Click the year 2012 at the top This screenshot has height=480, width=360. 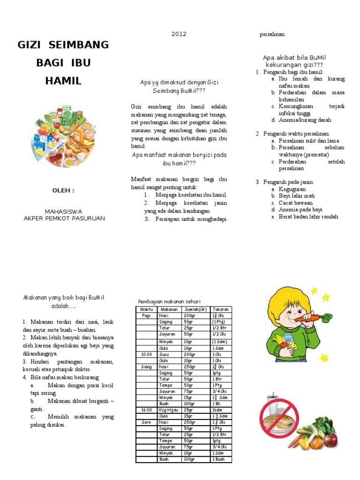[179, 34]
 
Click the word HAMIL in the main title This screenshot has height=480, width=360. [63, 81]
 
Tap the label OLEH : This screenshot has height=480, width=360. [63, 190]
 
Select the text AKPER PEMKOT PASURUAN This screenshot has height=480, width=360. [64, 218]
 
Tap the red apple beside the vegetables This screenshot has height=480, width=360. [331, 439]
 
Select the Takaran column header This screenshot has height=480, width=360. [221, 309]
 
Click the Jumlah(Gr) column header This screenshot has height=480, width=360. [195, 309]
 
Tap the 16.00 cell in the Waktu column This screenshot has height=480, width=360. [146, 410]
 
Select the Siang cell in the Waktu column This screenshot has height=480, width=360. [146, 367]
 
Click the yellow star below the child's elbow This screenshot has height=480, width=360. [323, 358]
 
